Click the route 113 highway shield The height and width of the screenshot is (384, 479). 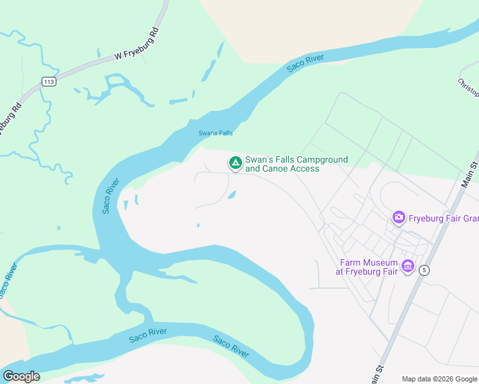pos(48,81)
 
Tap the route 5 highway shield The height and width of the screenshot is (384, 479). pos(424,271)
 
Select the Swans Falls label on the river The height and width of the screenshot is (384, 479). pos(215,133)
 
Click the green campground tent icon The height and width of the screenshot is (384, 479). pos(236,164)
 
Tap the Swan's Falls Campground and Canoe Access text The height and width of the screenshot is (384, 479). pos(296,164)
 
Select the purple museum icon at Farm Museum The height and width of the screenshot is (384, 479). pos(407,266)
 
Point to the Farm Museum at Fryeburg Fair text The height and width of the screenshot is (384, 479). pos(368,266)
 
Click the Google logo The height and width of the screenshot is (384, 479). pos(21,376)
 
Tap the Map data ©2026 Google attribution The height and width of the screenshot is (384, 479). pos(439,379)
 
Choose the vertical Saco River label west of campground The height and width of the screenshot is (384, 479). pos(109,196)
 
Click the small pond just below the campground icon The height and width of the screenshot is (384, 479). pos(232,195)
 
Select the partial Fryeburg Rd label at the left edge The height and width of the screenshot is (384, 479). pos(8,118)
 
